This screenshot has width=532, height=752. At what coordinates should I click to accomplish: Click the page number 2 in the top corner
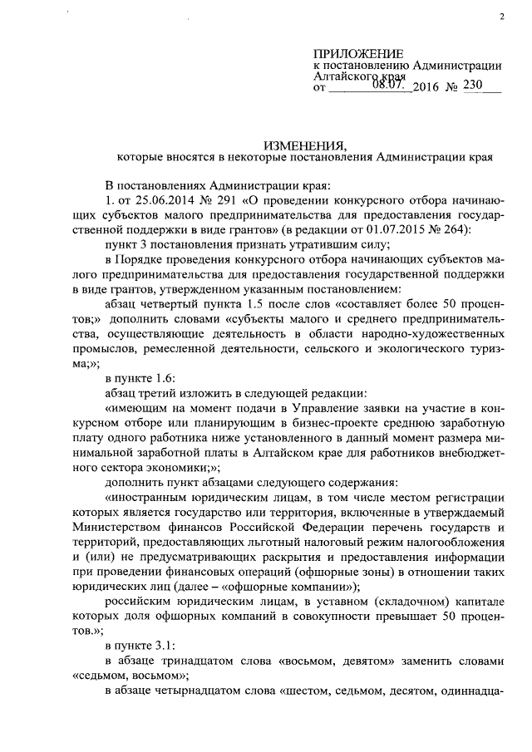(x=502, y=17)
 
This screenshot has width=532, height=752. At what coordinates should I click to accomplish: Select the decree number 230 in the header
(x=472, y=86)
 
